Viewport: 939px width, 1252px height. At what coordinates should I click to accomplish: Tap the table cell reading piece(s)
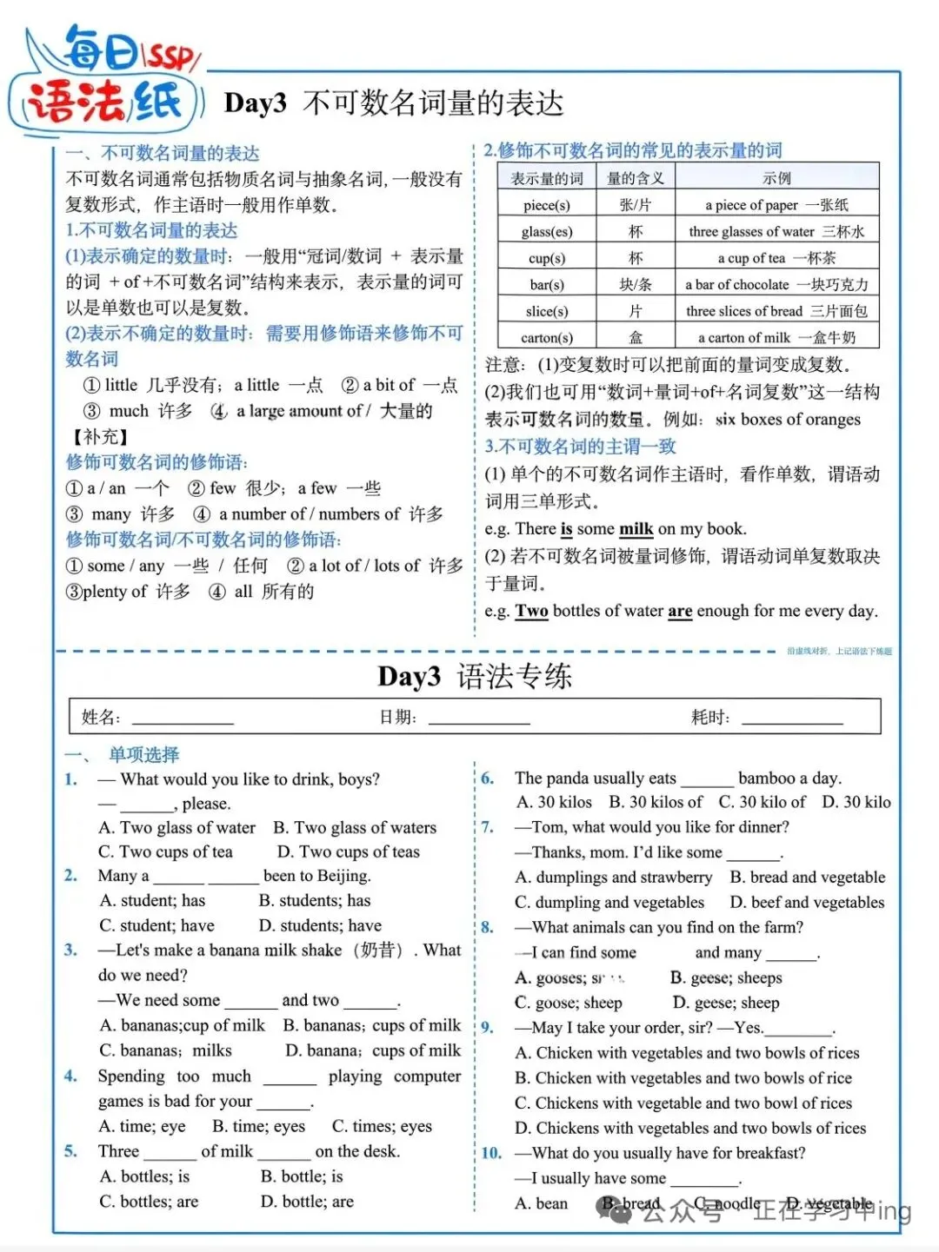click(546, 206)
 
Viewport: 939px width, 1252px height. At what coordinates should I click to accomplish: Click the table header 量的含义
click(635, 179)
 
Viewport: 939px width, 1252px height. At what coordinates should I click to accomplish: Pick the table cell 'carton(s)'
click(546, 338)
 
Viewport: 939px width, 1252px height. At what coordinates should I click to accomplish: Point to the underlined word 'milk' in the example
click(636, 529)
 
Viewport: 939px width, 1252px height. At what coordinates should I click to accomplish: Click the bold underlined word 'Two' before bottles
click(531, 611)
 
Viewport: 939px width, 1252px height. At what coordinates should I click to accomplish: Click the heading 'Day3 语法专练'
click(475, 677)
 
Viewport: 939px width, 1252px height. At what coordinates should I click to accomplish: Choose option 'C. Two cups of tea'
click(165, 852)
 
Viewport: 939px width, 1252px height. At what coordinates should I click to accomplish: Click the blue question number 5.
click(70, 1151)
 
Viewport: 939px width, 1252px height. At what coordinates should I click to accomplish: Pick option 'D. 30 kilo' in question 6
click(856, 803)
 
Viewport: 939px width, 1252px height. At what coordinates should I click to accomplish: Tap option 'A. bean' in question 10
click(541, 1203)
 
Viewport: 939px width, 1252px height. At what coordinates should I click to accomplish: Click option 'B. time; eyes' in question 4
click(258, 1126)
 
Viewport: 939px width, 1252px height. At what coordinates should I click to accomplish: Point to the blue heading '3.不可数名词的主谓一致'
click(580, 447)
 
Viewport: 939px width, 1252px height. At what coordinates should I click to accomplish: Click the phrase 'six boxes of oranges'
click(788, 420)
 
